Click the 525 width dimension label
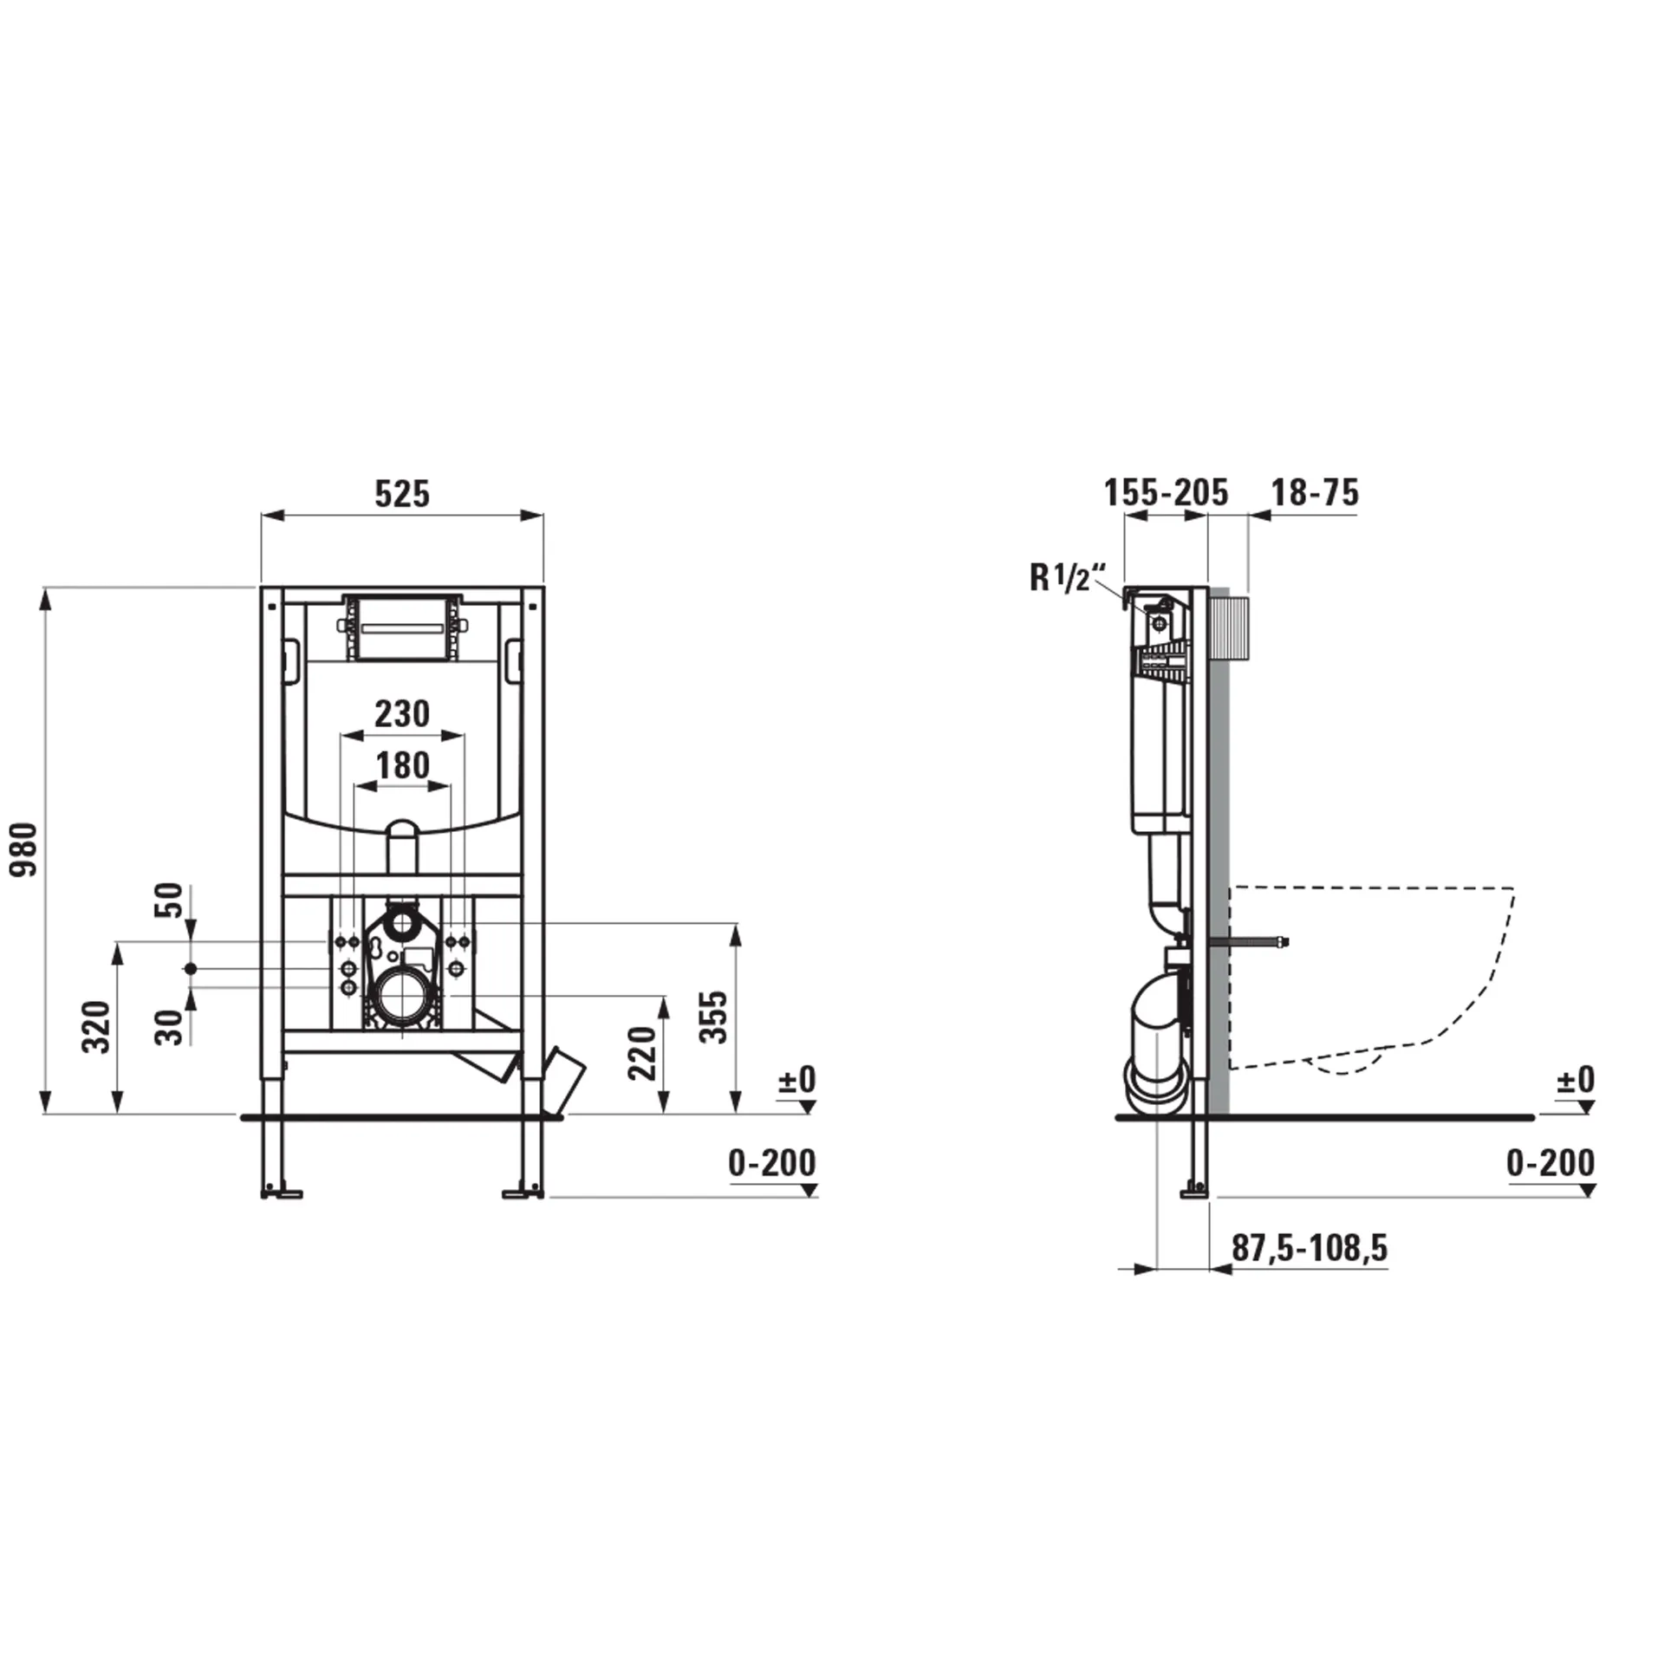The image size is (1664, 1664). [x=402, y=494]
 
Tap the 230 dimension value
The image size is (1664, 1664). [x=402, y=714]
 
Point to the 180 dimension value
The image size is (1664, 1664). [x=402, y=766]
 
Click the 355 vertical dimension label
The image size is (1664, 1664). [x=715, y=1017]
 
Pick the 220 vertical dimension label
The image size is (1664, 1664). [x=642, y=1053]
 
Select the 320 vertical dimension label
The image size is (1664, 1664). [x=96, y=1027]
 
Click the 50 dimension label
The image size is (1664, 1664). [x=170, y=900]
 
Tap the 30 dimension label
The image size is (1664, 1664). [x=170, y=1028]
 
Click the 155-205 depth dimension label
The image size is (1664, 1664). [x=1166, y=493]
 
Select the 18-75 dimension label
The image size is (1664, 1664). [x=1315, y=493]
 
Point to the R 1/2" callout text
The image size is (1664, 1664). [x=1069, y=577]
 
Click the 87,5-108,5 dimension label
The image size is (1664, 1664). [x=1310, y=1248]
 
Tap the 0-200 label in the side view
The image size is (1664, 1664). [x=1550, y=1163]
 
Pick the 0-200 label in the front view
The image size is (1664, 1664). [x=771, y=1163]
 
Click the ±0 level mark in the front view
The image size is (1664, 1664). [x=796, y=1080]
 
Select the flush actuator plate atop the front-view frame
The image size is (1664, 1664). [x=402, y=627]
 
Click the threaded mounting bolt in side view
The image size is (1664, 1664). [x=1257, y=942]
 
